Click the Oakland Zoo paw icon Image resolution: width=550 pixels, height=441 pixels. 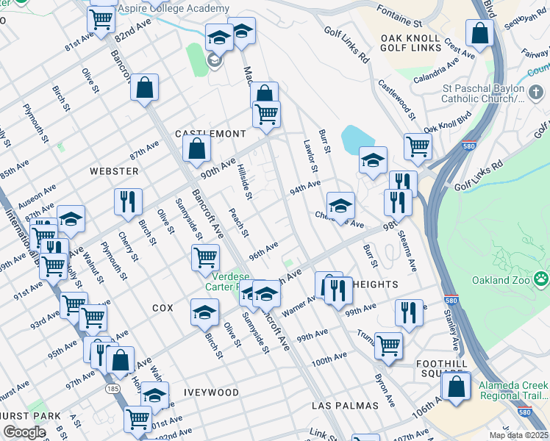[x=541, y=279]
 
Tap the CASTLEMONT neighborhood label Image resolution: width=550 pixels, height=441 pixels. [x=210, y=134]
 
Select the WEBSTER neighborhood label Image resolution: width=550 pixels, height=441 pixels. [x=114, y=171]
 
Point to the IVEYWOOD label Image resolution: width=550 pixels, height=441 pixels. [x=211, y=392]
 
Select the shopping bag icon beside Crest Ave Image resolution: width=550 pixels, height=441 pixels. [x=479, y=34]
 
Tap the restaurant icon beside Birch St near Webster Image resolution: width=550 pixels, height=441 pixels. [x=128, y=201]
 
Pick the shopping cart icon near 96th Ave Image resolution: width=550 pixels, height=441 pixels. [x=205, y=257]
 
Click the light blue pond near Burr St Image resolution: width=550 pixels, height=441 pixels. [x=357, y=137]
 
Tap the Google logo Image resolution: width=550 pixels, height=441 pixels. [x=25, y=432]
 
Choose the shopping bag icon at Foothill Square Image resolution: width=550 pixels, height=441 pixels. [x=456, y=387]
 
